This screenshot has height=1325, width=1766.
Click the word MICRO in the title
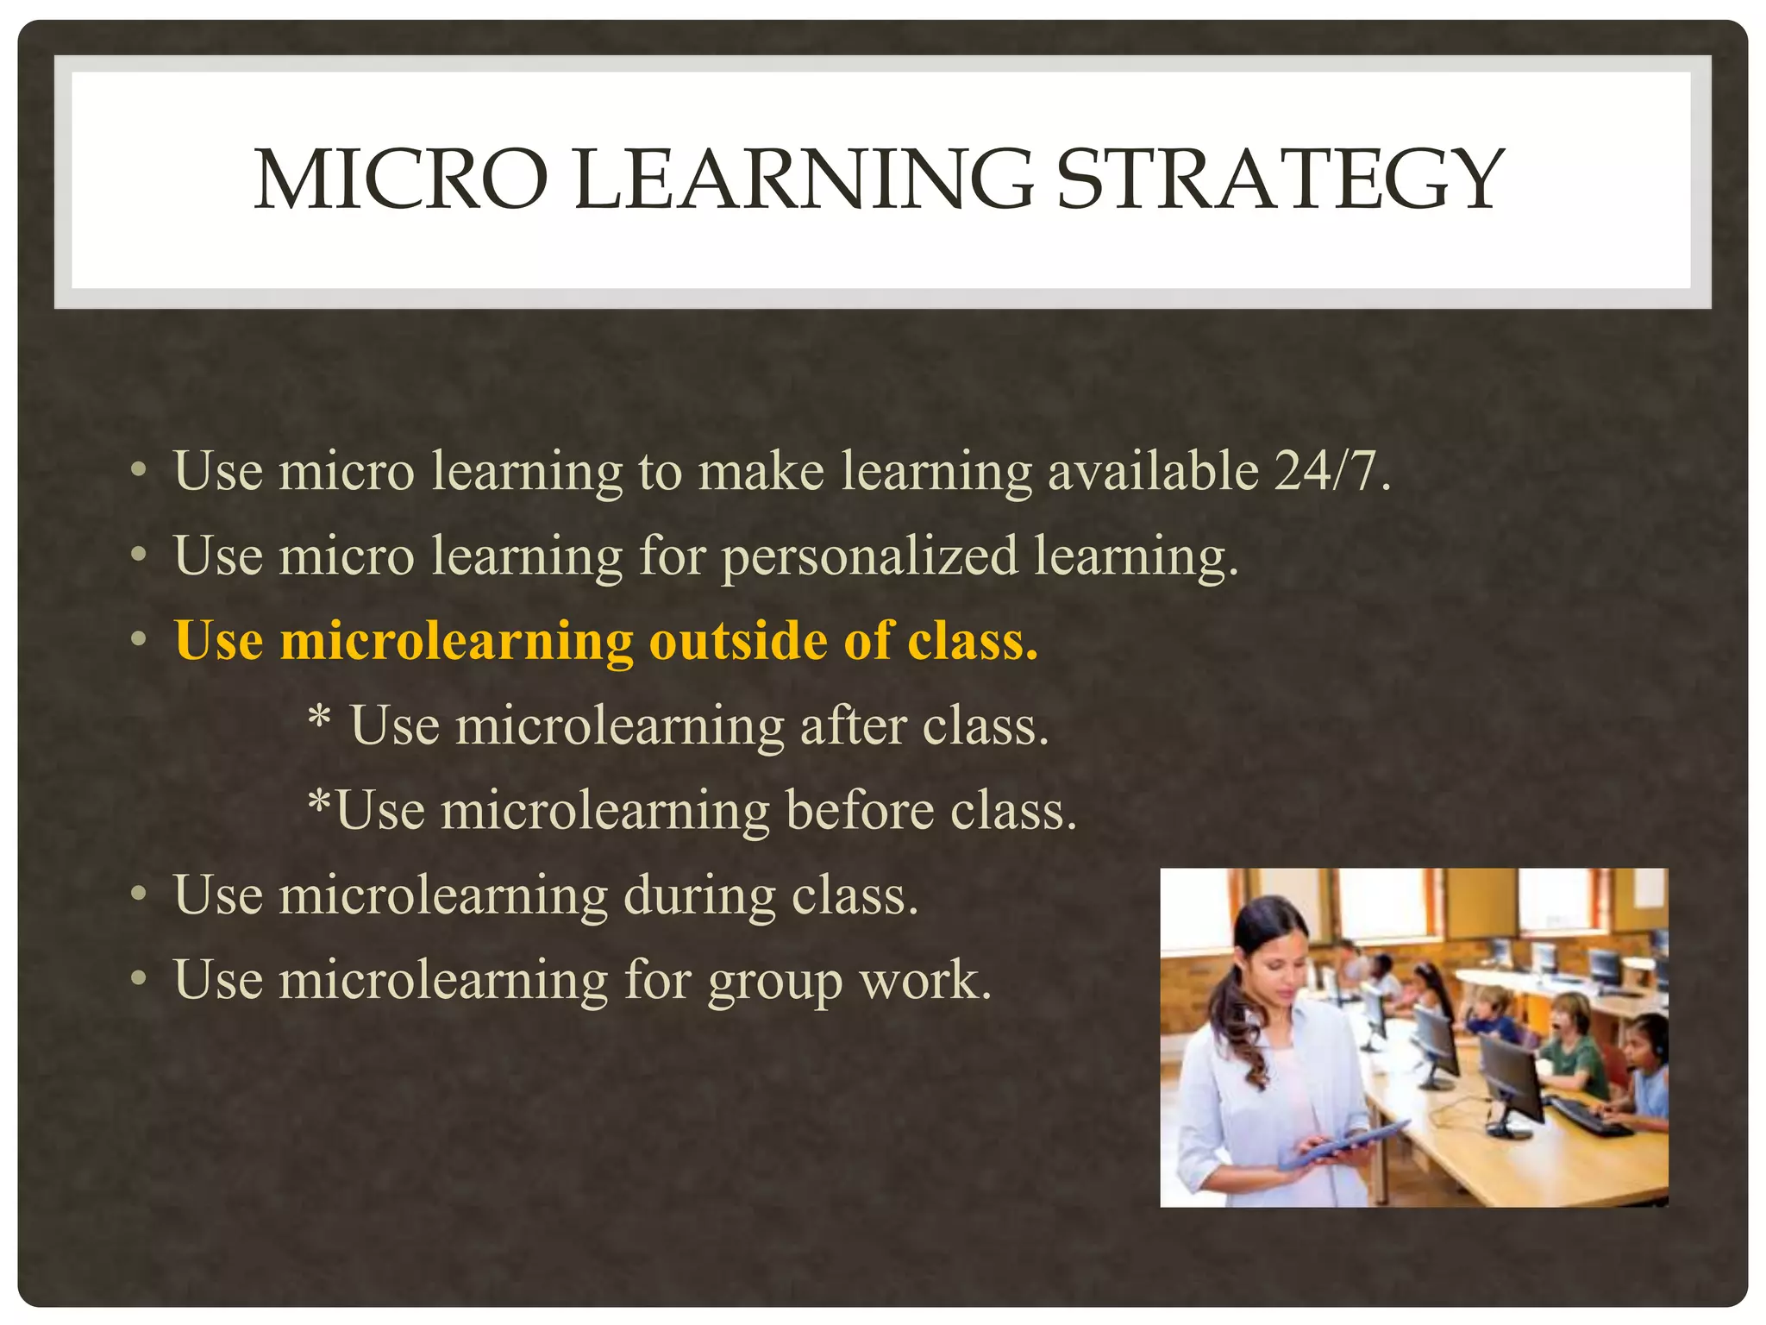point(401,179)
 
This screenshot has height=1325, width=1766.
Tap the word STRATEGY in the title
point(1280,179)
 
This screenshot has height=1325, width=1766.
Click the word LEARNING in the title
point(802,179)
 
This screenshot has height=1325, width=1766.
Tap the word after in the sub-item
point(853,725)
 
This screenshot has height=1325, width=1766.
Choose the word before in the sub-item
point(859,811)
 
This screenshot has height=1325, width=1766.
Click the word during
point(698,895)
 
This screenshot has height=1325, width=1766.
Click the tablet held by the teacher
point(1345,1144)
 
